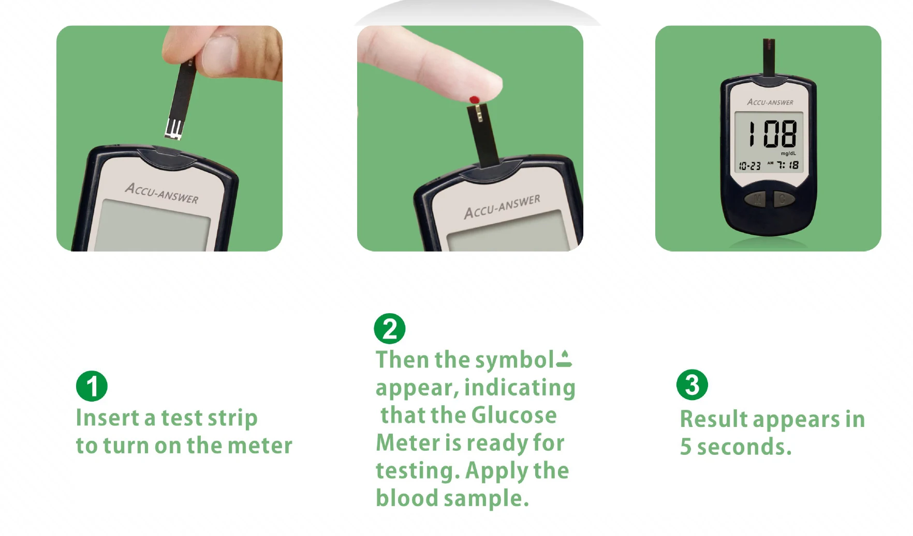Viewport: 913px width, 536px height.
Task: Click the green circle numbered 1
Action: coord(92,386)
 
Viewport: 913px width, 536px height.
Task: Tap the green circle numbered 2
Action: coord(390,329)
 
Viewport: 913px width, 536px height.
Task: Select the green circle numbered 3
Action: coord(692,385)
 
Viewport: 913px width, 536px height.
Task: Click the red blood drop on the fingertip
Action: coord(474,99)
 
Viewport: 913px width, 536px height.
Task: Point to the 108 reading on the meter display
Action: coord(772,134)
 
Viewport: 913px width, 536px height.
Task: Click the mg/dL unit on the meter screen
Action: coord(788,154)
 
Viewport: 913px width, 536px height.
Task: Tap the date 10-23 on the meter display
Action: coord(749,166)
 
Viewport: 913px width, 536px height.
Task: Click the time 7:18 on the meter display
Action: coord(788,165)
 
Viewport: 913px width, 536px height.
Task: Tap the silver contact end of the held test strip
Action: coord(173,129)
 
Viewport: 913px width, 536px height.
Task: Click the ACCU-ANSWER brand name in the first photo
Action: coord(161,193)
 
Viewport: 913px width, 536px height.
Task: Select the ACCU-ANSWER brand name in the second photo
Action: coord(502,206)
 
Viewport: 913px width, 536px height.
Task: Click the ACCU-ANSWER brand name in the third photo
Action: coord(770,102)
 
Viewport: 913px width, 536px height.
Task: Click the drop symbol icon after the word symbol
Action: coord(564,359)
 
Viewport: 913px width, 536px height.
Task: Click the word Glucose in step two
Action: coord(514,415)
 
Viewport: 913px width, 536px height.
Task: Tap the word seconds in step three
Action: coord(744,447)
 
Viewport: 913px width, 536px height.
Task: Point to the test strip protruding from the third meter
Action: coord(769,57)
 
